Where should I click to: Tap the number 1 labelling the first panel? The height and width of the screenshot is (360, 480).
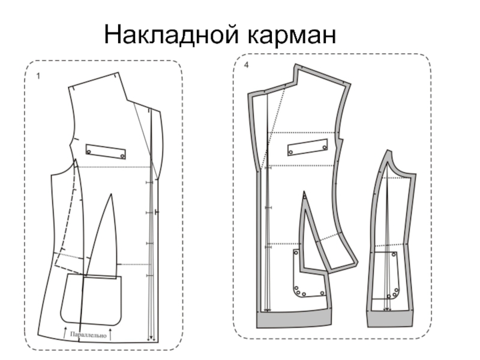38,77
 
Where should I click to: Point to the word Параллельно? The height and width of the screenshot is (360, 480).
88,335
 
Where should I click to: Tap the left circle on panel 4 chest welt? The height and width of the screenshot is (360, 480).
291,152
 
